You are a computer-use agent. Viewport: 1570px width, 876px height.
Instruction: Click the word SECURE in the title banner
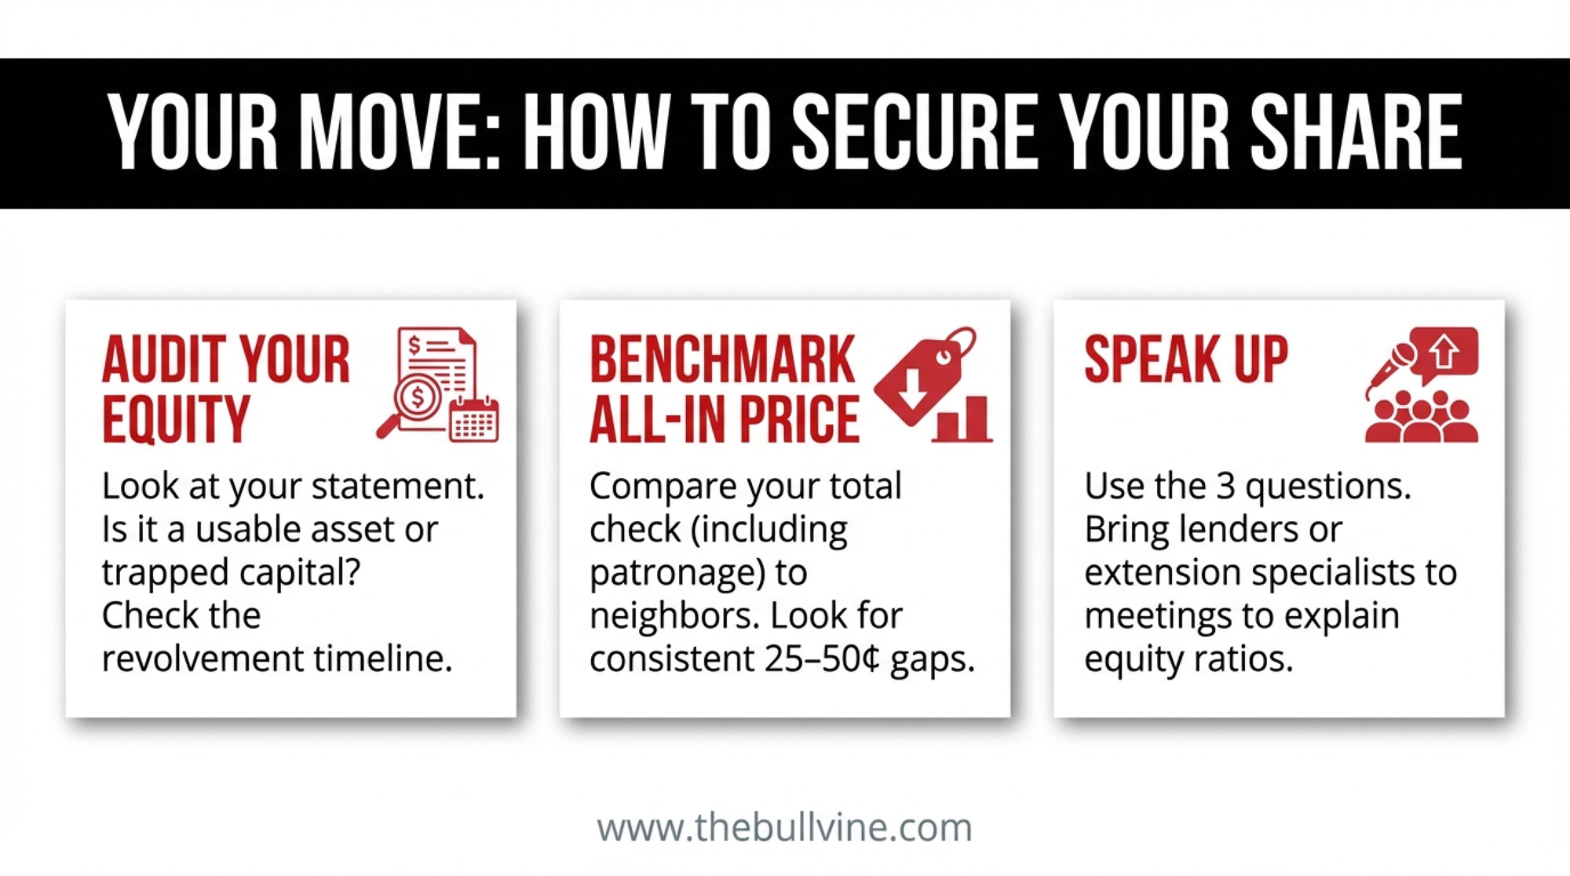click(914, 132)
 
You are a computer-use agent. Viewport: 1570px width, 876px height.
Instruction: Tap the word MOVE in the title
click(400, 132)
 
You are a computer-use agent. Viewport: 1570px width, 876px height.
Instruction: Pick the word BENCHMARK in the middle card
click(722, 360)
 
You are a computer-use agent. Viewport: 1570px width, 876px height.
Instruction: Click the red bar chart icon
click(962, 419)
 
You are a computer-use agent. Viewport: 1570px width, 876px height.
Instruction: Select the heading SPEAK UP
click(1186, 360)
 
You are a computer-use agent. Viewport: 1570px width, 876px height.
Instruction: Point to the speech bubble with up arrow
click(1445, 354)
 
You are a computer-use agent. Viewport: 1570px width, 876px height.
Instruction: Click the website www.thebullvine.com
click(784, 828)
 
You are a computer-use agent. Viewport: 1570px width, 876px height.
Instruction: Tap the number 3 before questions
click(1225, 487)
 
